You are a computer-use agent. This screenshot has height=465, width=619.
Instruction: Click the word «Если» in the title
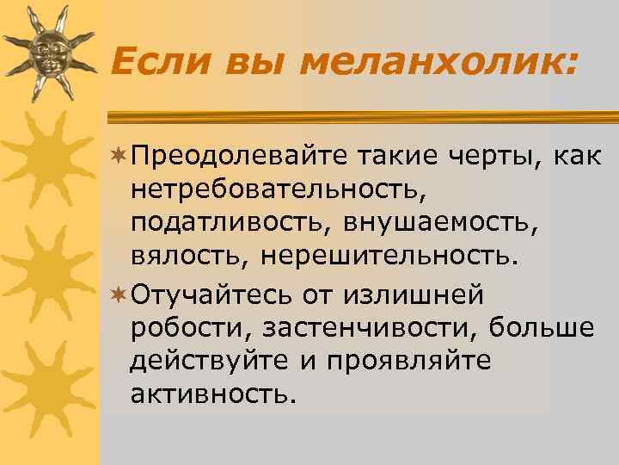coord(155,61)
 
